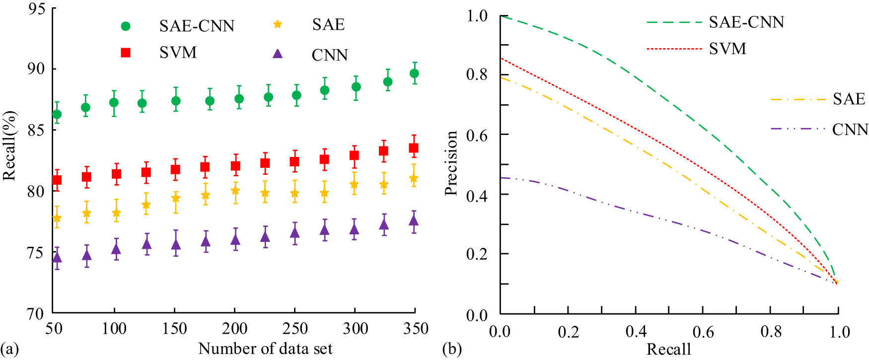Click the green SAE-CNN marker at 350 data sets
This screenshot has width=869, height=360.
tap(414, 73)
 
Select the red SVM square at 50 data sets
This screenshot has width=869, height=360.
tap(57, 180)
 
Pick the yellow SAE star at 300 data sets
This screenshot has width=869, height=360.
tap(354, 185)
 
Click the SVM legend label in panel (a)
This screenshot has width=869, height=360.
tap(178, 52)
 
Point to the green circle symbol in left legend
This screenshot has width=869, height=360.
tap(126, 26)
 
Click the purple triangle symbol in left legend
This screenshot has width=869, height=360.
tap(278, 54)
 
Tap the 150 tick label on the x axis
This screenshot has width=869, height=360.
tap(174, 328)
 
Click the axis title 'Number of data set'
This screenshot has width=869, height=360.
tap(265, 349)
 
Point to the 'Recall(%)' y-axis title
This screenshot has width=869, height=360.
tap(9, 146)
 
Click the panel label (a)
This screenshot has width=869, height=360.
tap(9, 349)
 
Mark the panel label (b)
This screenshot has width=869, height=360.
tap(451, 349)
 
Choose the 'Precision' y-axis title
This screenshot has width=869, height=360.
tap(450, 163)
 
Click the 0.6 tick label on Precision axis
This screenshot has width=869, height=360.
tap(477, 135)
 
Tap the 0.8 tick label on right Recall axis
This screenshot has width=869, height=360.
tap(771, 331)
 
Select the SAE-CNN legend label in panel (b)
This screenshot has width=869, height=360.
tap(746, 22)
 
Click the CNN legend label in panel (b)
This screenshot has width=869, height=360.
tap(850, 130)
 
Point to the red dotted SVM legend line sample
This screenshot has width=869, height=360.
tap(674, 49)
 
